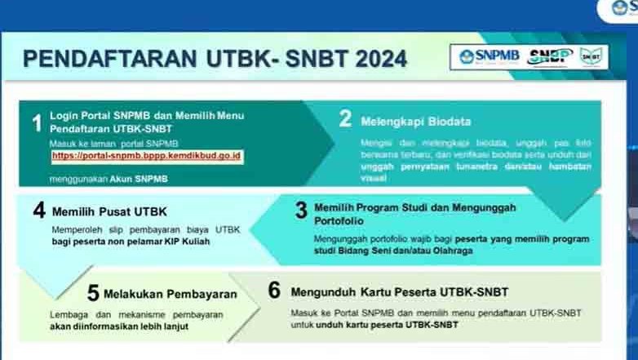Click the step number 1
point(36,124)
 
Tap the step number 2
point(345,119)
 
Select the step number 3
point(300,211)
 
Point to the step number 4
point(38,211)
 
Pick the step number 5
point(93,293)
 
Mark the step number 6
point(274,291)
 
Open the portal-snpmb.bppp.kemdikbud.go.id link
point(147,154)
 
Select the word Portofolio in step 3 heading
point(343,221)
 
